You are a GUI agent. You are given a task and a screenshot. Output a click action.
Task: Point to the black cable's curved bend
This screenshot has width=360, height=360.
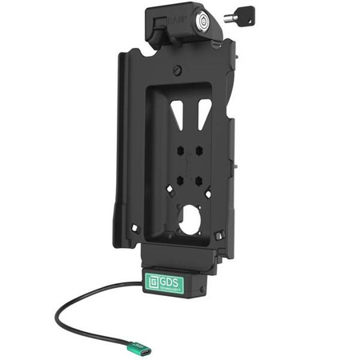pyautogui.click(x=59, y=308)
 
